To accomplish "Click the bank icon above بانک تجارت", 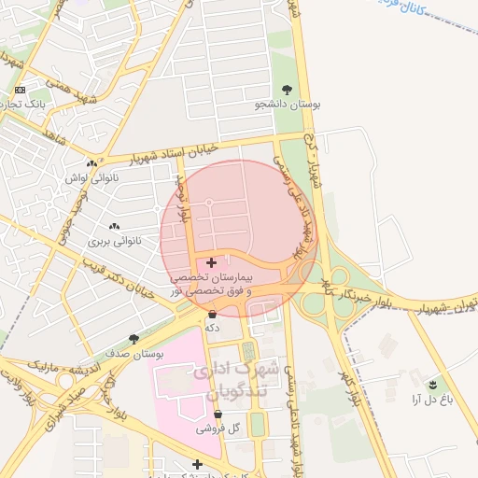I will (21, 90).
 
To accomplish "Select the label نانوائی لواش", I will (90, 176).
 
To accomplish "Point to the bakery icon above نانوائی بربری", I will (115, 226).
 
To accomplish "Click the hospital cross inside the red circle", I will (211, 262).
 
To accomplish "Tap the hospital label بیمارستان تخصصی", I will (212, 278).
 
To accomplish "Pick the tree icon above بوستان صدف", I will (134, 340).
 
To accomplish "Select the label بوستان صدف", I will (135, 355).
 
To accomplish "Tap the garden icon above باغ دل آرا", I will (431, 384).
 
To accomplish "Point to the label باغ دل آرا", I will (430, 399).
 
